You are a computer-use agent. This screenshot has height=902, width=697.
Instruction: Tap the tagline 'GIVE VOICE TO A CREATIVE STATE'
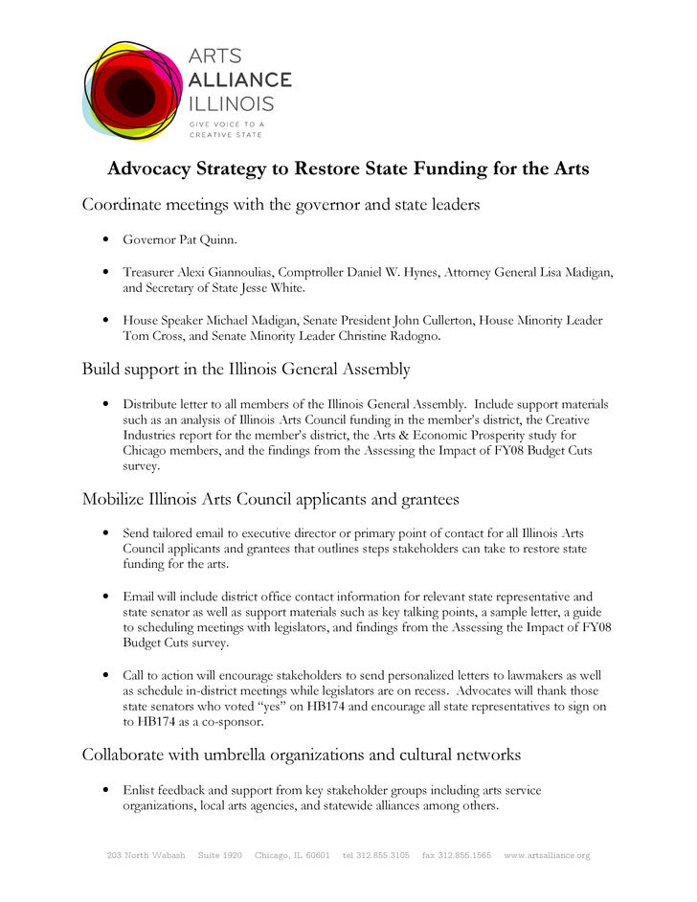[226, 129]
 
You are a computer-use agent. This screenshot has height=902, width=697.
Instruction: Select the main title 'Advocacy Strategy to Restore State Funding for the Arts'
[348, 169]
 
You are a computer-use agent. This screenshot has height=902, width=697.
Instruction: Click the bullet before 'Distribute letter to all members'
[103, 405]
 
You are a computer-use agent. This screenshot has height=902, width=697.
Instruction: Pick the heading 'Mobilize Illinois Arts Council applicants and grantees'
[271, 499]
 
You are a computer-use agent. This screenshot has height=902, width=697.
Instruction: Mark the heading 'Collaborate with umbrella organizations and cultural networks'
[302, 755]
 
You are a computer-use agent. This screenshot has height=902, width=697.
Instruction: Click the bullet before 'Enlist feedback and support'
[103, 791]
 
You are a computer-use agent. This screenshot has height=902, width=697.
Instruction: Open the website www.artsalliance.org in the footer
[547, 855]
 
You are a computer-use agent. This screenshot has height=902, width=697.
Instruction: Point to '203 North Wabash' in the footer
[143, 855]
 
